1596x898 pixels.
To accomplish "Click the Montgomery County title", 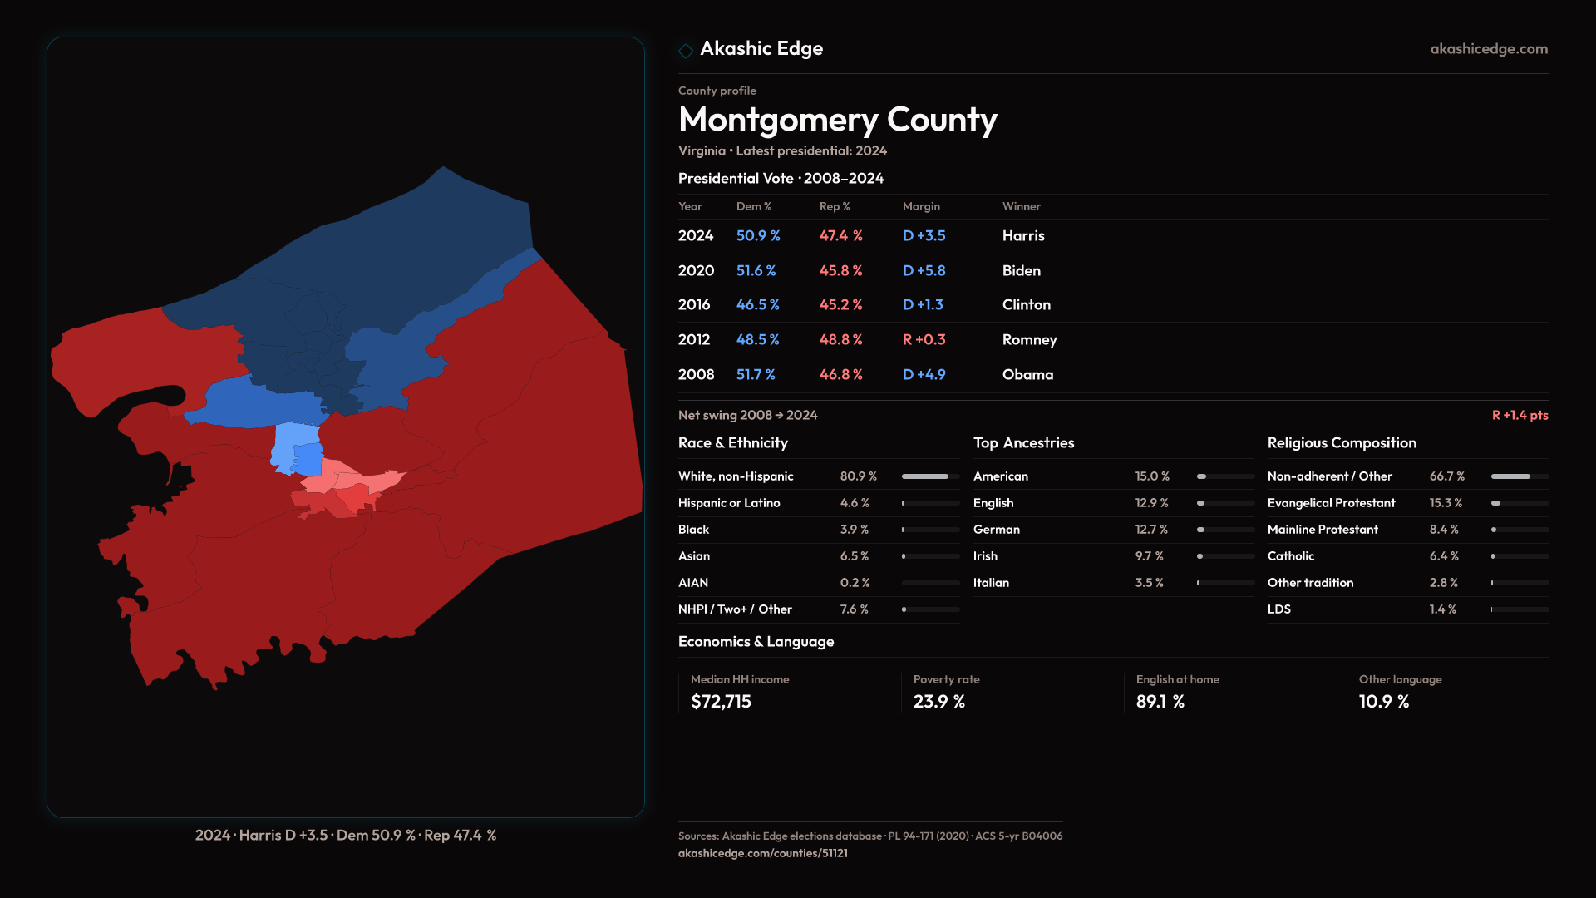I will point(837,120).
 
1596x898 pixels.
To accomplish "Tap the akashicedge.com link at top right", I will point(1489,49).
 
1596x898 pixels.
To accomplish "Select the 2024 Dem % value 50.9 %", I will point(758,236).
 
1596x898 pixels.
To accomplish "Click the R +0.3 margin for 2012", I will point(924,340).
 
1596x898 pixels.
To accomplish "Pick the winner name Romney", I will point(1029,340).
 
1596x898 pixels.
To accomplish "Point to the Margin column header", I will point(921,206).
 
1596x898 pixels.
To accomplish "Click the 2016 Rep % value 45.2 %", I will point(840,305).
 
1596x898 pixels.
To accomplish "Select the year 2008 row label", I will point(696,375).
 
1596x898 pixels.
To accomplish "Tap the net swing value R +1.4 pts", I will point(1520,415).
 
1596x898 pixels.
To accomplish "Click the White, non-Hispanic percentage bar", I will point(930,476).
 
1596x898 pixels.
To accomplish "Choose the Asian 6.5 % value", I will point(854,556).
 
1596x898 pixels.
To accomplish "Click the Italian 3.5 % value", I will point(1149,583).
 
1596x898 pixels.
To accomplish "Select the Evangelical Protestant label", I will point(1331,503).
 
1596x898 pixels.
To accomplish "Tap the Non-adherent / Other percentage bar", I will point(1520,476).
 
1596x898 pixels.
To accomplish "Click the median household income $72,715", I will point(721,702).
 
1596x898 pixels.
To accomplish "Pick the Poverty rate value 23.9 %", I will point(938,702).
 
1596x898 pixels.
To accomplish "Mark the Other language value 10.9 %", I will point(1383,702).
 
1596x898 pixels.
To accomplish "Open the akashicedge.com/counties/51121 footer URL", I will point(762,853).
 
